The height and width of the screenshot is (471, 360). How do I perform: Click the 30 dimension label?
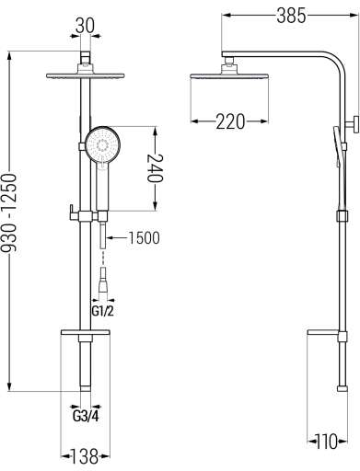coord(85,26)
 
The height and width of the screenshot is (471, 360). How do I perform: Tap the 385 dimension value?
coord(291,16)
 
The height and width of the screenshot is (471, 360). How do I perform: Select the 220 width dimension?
coord(230,121)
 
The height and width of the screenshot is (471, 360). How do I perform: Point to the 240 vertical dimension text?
coord(156,168)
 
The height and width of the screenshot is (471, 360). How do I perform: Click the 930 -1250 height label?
coord(8,213)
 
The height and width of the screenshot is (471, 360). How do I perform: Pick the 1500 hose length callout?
coord(144,238)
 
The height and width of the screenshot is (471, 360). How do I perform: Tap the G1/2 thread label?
coord(102,311)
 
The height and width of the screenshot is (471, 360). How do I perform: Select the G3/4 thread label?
coord(86,416)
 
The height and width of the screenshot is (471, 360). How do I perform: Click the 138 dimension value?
coord(85,456)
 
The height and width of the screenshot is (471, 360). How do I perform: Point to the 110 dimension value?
coord(327,442)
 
